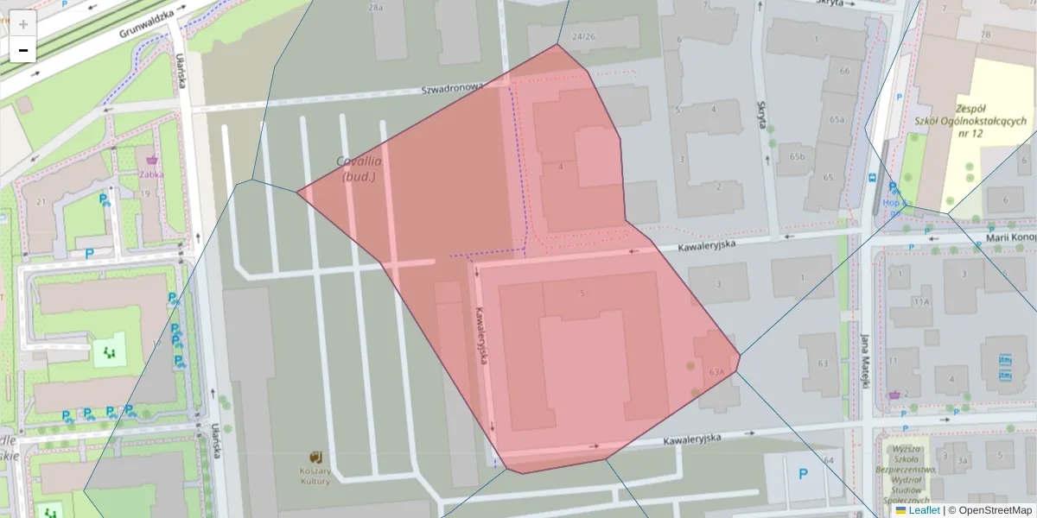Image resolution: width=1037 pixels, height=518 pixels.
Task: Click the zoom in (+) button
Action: point(23,24)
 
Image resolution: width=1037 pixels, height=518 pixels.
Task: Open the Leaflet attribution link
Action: point(923,510)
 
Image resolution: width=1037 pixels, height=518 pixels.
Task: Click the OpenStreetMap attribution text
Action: point(995,510)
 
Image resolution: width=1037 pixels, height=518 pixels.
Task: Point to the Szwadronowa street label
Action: point(452,88)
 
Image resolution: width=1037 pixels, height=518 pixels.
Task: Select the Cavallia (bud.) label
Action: point(360,168)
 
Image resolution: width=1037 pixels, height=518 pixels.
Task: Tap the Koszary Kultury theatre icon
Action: point(316,456)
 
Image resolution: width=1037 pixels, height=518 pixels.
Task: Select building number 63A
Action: point(716,372)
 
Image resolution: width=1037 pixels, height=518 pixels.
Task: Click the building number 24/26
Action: point(583,36)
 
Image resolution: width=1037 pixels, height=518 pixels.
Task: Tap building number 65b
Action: point(797,157)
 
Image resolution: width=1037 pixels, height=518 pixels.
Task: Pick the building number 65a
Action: point(836,119)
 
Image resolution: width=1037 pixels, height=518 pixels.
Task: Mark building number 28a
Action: point(376,7)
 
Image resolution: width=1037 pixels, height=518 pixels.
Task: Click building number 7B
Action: point(985,35)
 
